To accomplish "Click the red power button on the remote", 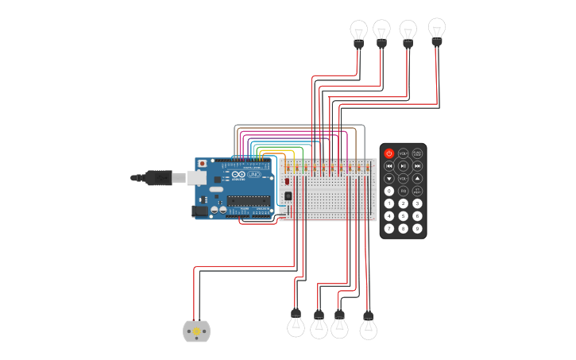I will pos(389,153).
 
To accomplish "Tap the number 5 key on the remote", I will pos(403,216).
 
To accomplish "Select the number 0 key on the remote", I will pos(389,191).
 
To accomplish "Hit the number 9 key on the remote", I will pos(417,229).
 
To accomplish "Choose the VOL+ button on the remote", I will pos(403,153).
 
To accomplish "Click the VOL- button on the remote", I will pos(403,179).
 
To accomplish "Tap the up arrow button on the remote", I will pos(417,179).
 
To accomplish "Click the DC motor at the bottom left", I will pos(196,331).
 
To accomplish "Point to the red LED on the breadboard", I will pos(287,182).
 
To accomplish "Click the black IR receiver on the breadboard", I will pos(288,195).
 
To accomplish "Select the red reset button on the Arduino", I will pos(202,163).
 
